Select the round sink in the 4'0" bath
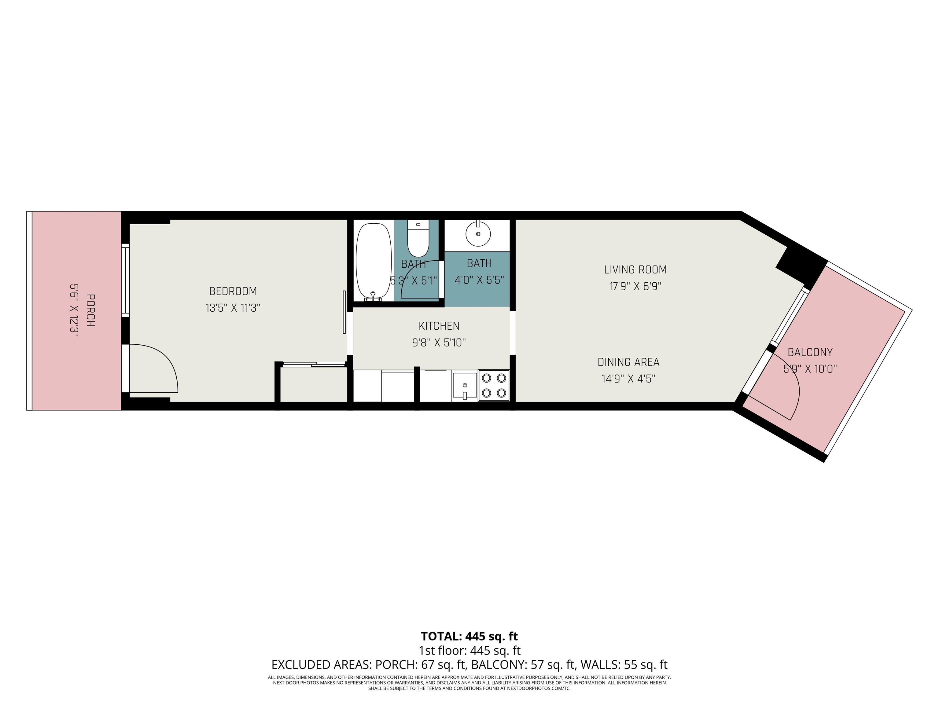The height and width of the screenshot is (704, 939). (x=478, y=233)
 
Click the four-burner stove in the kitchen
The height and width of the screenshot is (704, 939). (x=494, y=385)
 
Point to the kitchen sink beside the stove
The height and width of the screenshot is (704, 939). (x=464, y=385)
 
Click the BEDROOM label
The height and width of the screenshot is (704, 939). (x=233, y=291)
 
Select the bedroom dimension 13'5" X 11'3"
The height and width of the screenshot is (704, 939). (x=233, y=308)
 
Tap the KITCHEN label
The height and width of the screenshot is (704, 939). (x=439, y=326)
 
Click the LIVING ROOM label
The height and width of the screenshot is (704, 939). (x=635, y=269)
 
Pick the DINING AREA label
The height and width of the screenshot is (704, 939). (x=628, y=362)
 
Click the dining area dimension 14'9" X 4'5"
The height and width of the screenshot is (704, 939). (x=628, y=379)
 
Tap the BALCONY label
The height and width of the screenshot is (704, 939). (x=810, y=352)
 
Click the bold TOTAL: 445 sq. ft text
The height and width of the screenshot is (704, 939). (x=469, y=636)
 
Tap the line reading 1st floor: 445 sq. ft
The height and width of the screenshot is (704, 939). (x=469, y=650)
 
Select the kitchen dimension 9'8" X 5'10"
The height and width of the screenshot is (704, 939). (x=439, y=343)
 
